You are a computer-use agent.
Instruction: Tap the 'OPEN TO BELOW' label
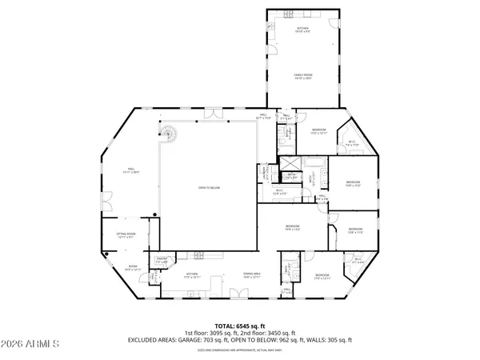209,188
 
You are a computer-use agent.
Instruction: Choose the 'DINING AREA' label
252,275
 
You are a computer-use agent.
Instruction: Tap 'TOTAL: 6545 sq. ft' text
240,326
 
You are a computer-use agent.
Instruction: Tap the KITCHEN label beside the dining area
192,275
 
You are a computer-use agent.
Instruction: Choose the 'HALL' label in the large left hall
129,169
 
